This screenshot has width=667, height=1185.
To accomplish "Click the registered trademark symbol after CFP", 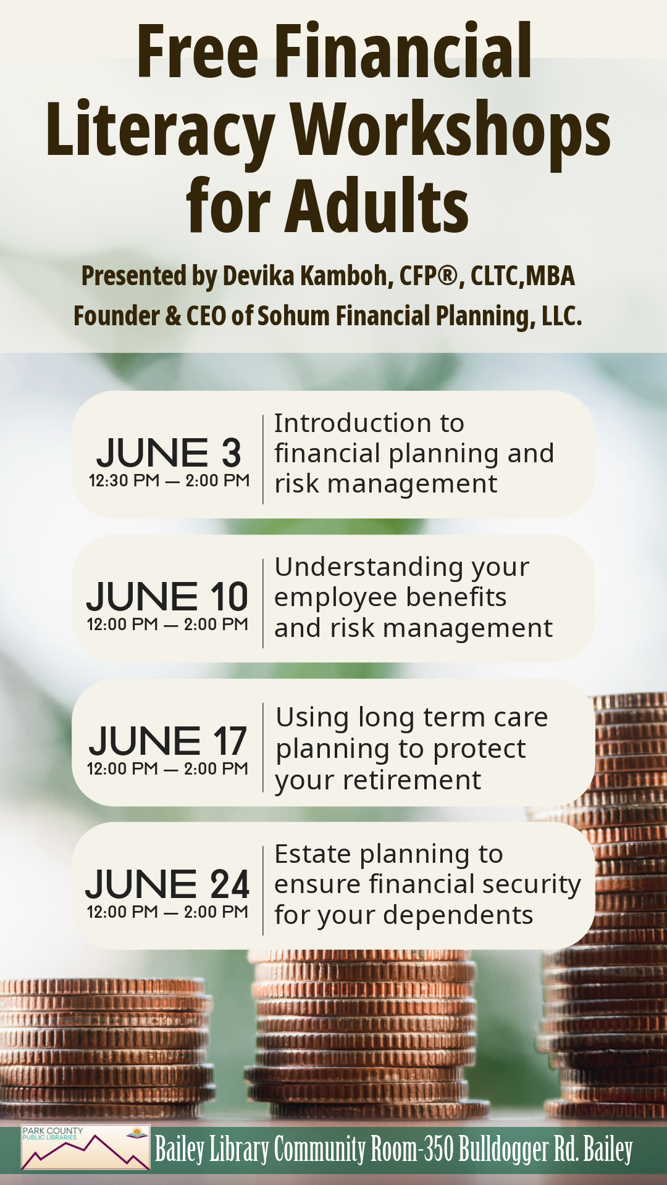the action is click(x=447, y=275).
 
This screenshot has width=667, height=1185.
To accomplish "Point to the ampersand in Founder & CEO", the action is click(x=173, y=316).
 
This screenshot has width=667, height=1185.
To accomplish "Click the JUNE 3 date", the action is click(x=169, y=452).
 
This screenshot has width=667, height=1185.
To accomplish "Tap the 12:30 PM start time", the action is click(x=124, y=480).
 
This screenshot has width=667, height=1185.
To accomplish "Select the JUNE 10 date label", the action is click(x=167, y=596).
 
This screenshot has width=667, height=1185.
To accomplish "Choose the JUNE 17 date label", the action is click(x=167, y=741).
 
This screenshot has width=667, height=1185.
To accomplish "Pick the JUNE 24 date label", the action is click(x=167, y=884).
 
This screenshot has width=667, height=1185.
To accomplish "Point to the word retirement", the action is click(x=413, y=780).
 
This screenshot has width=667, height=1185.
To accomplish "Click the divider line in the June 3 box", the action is click(x=263, y=459).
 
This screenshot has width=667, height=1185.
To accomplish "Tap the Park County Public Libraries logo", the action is click(x=85, y=1147).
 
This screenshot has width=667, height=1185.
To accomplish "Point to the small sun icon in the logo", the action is click(x=138, y=1132).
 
